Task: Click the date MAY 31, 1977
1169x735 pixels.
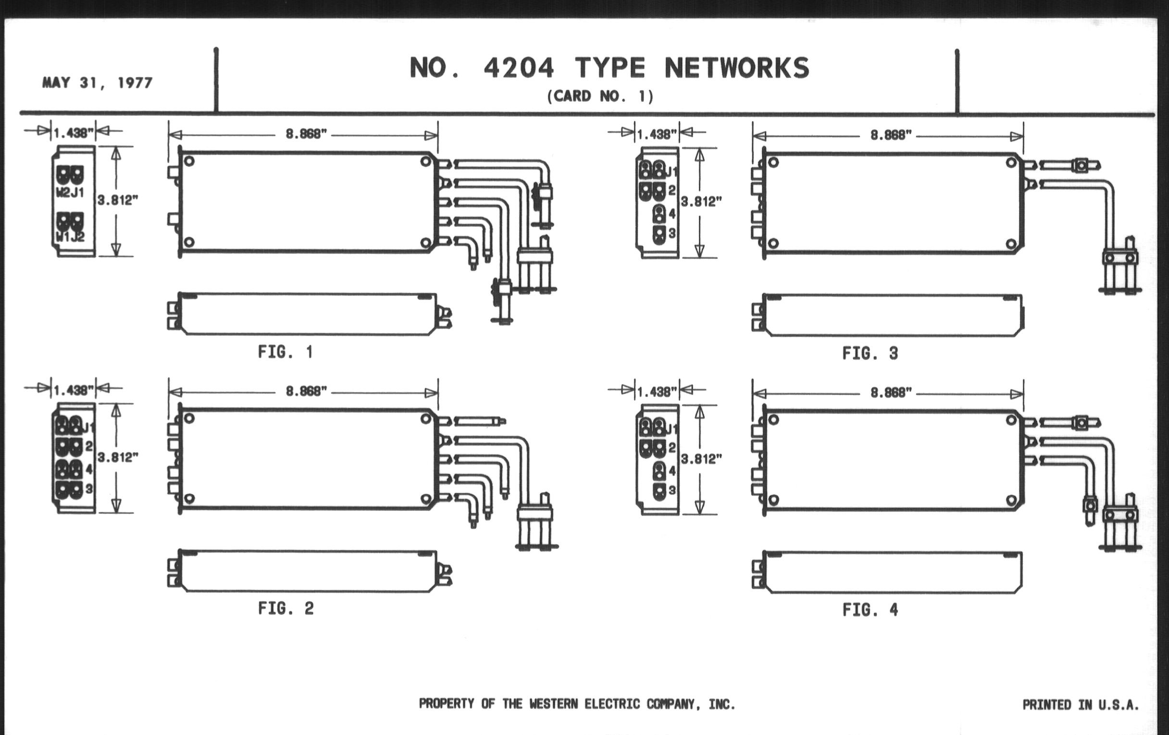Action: [97, 83]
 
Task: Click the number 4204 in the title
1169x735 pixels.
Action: [519, 68]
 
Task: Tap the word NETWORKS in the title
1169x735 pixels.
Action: [736, 68]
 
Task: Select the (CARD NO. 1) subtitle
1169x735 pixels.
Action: [600, 96]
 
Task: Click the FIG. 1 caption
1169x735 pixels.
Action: [286, 352]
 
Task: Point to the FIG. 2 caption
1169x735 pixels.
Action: [286, 608]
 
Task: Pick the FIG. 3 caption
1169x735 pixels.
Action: [870, 353]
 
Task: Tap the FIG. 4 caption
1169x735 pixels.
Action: [870, 610]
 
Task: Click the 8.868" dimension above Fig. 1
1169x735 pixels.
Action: [306, 134]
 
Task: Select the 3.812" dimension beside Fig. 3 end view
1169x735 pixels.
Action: [701, 202]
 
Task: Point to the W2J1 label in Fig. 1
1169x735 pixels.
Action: [70, 193]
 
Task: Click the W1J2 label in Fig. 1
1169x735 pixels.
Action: [70, 237]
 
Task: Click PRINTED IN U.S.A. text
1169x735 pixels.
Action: [1080, 705]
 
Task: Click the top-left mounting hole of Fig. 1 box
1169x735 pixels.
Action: [189, 161]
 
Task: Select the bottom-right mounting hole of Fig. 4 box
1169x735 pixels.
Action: [1011, 500]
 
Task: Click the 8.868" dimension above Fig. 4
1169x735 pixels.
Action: [891, 392]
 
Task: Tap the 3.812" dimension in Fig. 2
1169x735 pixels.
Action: [117, 457]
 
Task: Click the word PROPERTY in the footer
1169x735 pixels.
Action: [446, 704]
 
